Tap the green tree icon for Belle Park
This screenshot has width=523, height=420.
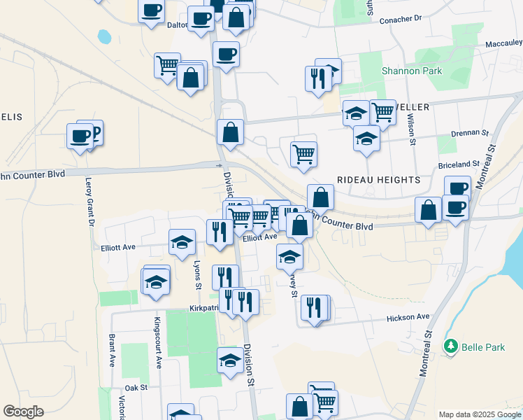point(452,346)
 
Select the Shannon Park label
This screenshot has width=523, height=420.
point(402,71)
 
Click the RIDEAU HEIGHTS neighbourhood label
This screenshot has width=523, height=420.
point(379,180)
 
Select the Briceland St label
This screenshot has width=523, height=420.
point(459,164)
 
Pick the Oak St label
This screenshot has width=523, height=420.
point(136,387)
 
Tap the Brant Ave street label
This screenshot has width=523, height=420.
point(111,351)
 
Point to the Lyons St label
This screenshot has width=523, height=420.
point(198,276)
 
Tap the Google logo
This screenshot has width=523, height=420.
point(23,412)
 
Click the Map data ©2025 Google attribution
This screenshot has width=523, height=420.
point(479,414)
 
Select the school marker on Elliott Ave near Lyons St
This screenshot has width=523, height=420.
point(182,242)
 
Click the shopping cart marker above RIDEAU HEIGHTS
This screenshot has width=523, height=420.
point(303,153)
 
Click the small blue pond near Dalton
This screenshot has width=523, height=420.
point(104,36)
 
